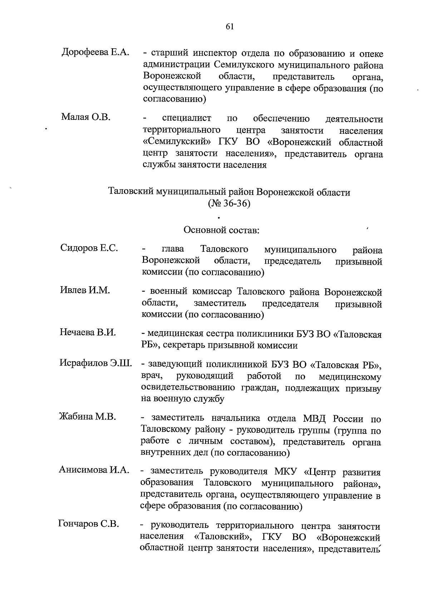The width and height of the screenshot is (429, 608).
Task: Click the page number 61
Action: pyautogui.click(x=230, y=27)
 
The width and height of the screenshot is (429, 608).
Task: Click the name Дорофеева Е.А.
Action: pyautogui.click(x=95, y=52)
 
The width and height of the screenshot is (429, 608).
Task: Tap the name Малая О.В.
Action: pyautogui.click(x=86, y=117)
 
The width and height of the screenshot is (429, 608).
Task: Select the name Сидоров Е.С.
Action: pyautogui.click(x=89, y=248)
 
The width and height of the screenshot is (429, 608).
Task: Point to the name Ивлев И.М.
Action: pyautogui.click(x=85, y=290)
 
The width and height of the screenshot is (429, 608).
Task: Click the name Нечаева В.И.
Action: pyautogui.click(x=88, y=332)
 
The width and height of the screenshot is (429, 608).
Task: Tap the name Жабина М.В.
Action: pyautogui.click(x=88, y=417)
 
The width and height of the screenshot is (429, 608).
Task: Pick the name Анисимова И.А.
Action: pyautogui.click(x=94, y=470)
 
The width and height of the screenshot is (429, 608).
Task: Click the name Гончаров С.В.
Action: pyautogui.click(x=88, y=524)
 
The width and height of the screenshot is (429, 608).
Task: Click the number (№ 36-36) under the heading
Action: pyautogui.click(x=229, y=204)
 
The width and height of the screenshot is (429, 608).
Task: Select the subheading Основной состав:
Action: pyautogui.click(x=221, y=230)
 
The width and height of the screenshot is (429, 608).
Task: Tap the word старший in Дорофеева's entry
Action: pyautogui.click(x=170, y=54)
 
